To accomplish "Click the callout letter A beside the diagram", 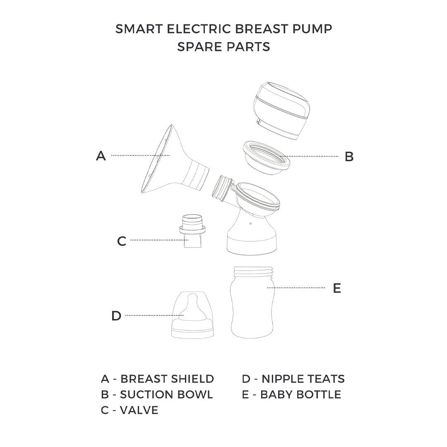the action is pyautogui.click(x=101, y=156).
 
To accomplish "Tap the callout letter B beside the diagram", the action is pyautogui.click(x=349, y=156).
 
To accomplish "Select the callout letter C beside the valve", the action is pyautogui.click(x=122, y=241).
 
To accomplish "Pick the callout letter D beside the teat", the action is pyautogui.click(x=116, y=315).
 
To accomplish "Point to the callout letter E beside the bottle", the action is pyautogui.click(x=337, y=288).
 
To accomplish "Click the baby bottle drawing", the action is pyautogui.click(x=252, y=302).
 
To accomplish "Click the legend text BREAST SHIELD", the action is pyautogui.click(x=167, y=379).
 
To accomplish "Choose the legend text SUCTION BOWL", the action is pyautogui.click(x=166, y=394).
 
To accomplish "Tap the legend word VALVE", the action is pyautogui.click(x=139, y=410).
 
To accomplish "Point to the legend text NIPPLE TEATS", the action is pyautogui.click(x=303, y=379).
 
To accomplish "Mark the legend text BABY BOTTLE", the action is pyautogui.click(x=301, y=394).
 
